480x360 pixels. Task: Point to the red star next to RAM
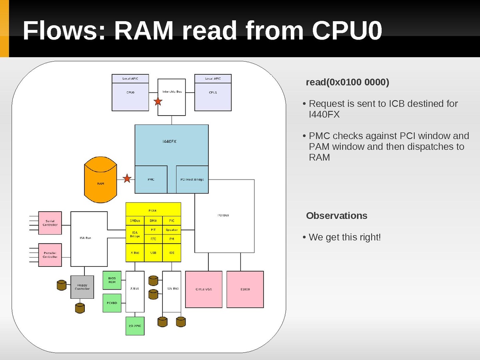click(127, 179)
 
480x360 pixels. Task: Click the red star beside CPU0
click(158, 102)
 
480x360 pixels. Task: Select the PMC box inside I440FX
click(151, 180)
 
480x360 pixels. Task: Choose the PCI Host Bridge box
click(192, 180)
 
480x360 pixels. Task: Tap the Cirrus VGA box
click(204, 289)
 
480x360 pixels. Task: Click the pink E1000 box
click(245, 289)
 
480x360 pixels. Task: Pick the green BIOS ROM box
click(112, 280)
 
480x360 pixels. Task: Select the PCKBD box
click(112, 303)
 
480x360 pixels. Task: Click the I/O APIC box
click(134, 326)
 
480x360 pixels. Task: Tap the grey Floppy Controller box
click(82, 287)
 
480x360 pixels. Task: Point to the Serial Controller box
click(50, 223)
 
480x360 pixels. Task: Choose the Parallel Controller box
click(50, 255)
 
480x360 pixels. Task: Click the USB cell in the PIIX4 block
click(153, 253)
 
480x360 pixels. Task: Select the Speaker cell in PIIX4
click(172, 230)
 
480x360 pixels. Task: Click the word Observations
click(336, 216)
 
